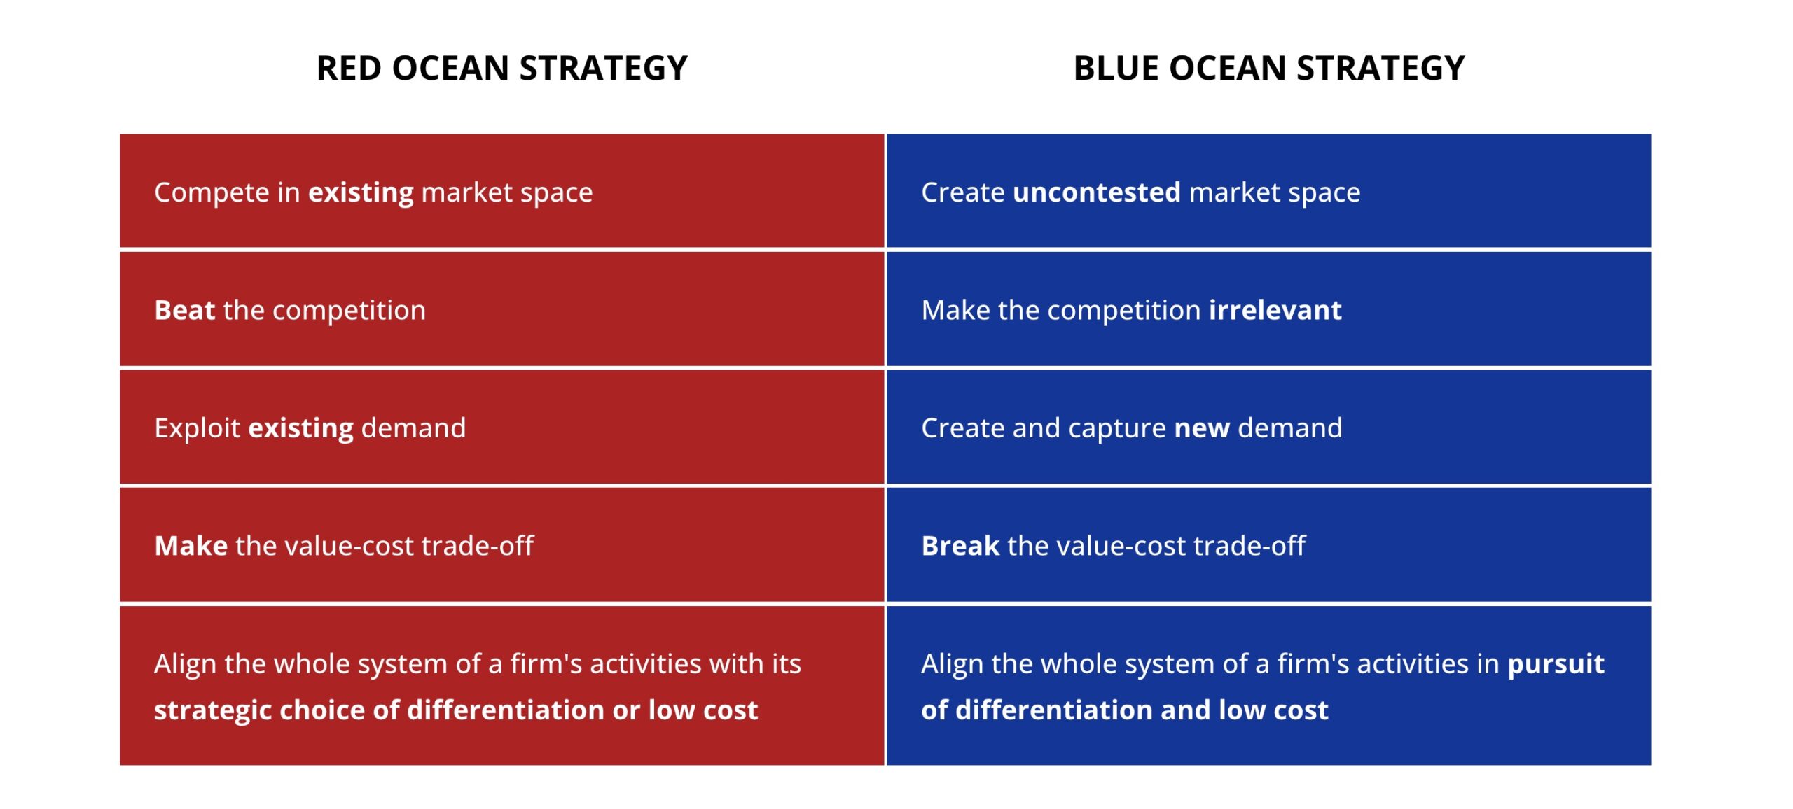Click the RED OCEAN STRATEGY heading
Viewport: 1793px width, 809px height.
(x=502, y=69)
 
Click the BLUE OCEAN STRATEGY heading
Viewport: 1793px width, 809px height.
(x=1268, y=69)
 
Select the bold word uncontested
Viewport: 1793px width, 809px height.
(x=1097, y=192)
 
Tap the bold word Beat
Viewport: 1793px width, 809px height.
(x=184, y=310)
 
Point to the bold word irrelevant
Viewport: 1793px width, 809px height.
(x=1275, y=310)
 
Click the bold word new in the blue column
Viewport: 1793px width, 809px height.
(x=1202, y=428)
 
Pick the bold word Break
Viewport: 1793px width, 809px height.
(x=960, y=546)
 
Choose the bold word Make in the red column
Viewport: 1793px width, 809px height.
(x=191, y=546)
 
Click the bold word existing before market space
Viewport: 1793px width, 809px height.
(x=361, y=193)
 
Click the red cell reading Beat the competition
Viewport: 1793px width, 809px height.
(x=501, y=309)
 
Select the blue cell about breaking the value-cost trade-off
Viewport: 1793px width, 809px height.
(x=1268, y=545)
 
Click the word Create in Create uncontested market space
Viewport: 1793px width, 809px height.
(x=963, y=192)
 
